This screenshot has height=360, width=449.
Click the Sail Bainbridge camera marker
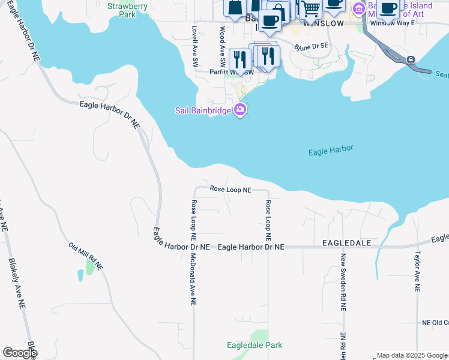click(x=241, y=109)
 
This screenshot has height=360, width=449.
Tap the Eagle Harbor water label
click(x=331, y=151)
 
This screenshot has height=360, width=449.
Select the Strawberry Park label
click(x=127, y=10)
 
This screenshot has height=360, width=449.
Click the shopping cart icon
click(x=310, y=8)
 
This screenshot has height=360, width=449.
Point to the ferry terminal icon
click(x=411, y=59)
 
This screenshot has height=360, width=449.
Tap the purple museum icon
click(x=359, y=8)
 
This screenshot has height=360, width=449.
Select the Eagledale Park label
click(x=255, y=345)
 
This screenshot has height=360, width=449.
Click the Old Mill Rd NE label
click(x=86, y=256)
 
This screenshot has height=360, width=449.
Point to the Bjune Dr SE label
click(x=312, y=46)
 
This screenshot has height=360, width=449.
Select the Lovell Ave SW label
click(x=194, y=46)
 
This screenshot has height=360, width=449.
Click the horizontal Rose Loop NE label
click(x=231, y=190)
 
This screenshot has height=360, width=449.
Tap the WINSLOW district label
click(x=324, y=23)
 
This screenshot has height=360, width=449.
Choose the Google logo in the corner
click(x=19, y=353)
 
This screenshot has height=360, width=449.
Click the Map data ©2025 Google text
click(x=412, y=355)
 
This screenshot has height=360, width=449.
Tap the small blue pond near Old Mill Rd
click(x=80, y=275)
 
